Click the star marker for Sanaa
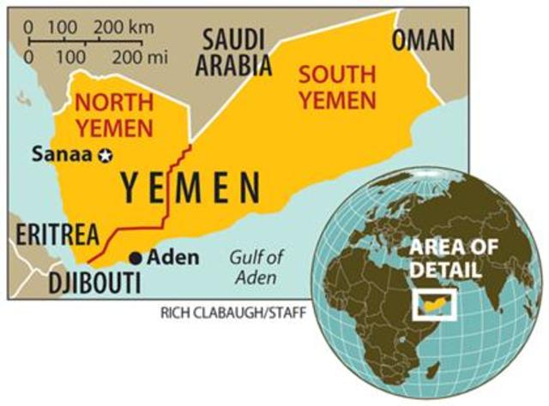pyautogui.click(x=106, y=155)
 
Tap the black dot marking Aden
pyautogui.click(x=135, y=257)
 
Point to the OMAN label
pyautogui.click(x=424, y=39)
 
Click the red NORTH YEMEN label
pyautogui.click(x=114, y=116)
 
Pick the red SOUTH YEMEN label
pyautogui.click(x=337, y=86)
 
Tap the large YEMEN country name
pyautogui.click(x=190, y=187)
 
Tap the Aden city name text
pyautogui.click(x=173, y=257)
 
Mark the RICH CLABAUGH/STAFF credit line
pyautogui.click(x=232, y=311)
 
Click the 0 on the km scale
pyautogui.click(x=30, y=25)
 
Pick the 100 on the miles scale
pyautogui.click(x=72, y=57)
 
